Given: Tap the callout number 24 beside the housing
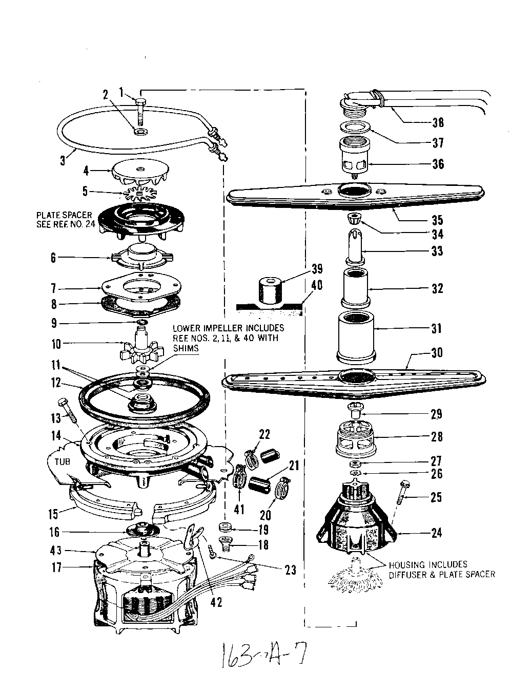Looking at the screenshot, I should pos(436,533).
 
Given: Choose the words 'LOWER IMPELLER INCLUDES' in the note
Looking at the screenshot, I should pos(228,328).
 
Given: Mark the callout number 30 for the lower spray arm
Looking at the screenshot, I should pos(437,353).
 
